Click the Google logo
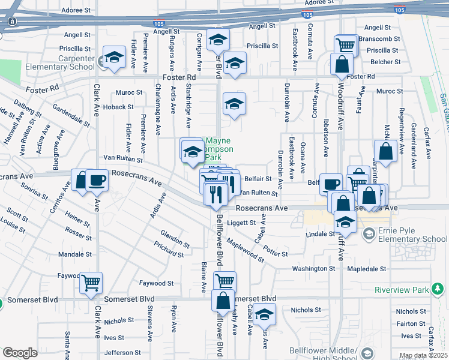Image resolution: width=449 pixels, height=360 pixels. click(x=20, y=352)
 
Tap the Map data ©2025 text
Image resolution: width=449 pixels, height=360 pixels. click(x=423, y=356)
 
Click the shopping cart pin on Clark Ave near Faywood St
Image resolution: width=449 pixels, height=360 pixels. click(x=91, y=282)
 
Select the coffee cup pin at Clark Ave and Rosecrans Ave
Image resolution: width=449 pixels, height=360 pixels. click(x=97, y=180)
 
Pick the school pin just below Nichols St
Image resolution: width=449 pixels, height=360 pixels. click(x=264, y=314)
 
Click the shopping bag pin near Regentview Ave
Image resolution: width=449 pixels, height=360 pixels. click(x=385, y=151)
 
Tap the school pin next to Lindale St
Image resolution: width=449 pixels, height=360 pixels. click(x=345, y=221)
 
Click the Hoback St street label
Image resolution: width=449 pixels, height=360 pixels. click(x=118, y=107)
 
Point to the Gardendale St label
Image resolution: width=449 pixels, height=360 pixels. click(x=71, y=114)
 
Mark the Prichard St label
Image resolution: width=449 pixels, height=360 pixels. click(x=169, y=250)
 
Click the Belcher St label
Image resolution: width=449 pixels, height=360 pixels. click(x=385, y=62)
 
